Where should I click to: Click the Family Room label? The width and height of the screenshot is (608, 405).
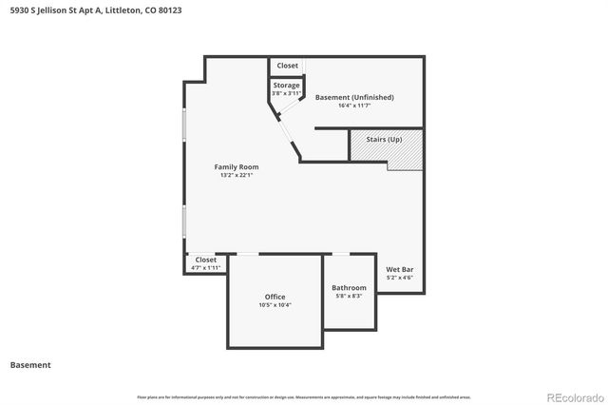[x=237, y=166]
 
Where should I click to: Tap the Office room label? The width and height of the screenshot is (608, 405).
[x=275, y=297]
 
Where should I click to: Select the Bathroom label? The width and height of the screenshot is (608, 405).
[x=349, y=287]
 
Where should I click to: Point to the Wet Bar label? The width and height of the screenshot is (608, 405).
[x=399, y=270]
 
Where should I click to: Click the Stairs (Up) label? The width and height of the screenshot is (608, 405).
[x=384, y=140]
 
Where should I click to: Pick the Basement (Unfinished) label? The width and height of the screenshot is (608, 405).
[x=352, y=97]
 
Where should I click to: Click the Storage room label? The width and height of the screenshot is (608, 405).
[x=286, y=86]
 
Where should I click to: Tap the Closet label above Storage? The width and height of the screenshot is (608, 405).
[x=287, y=66]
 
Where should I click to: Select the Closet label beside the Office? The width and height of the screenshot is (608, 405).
[x=205, y=260]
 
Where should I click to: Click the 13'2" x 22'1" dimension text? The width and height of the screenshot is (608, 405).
[x=237, y=175]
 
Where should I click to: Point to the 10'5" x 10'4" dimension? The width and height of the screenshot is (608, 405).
[x=275, y=305]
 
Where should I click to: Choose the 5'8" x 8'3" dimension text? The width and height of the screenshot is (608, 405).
[x=349, y=296]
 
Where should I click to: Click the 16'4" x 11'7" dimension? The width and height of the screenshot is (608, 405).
[x=352, y=106]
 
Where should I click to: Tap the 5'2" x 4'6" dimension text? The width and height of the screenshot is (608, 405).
[x=399, y=279]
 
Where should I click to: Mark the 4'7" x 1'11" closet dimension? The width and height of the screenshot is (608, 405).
[x=205, y=268]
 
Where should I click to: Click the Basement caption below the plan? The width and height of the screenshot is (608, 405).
[x=30, y=364]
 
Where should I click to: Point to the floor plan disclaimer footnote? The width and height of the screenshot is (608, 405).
[x=303, y=396]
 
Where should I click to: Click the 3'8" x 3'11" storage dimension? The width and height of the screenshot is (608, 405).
[x=286, y=94]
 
